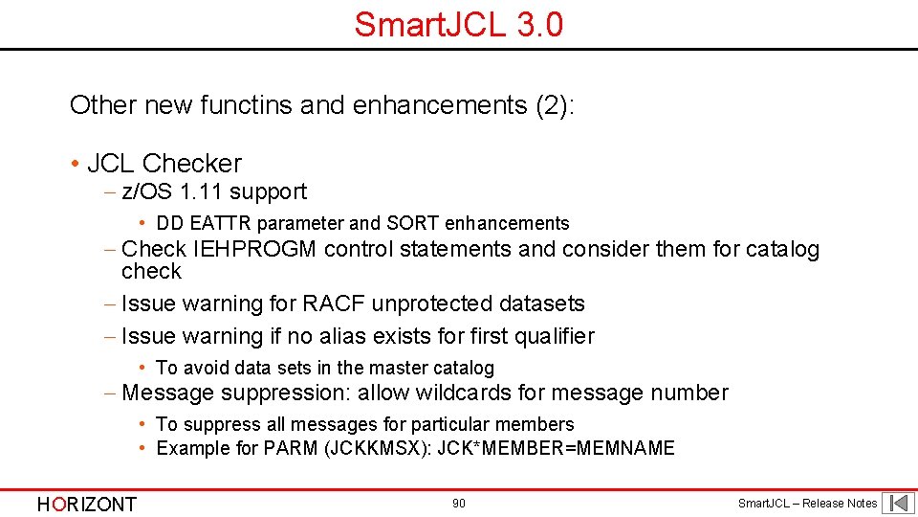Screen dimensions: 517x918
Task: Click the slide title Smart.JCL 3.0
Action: point(458,24)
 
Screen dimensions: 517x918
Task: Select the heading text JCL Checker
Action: point(164,163)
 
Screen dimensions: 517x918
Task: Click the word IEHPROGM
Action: point(255,250)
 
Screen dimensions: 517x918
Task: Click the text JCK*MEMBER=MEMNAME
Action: point(556,448)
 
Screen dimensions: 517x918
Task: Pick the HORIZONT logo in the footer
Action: point(87,504)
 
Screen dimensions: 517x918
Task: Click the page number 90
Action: point(459,504)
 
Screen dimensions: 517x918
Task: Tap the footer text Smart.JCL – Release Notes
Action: point(807,504)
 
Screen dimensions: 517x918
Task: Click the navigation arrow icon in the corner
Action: point(898,503)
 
